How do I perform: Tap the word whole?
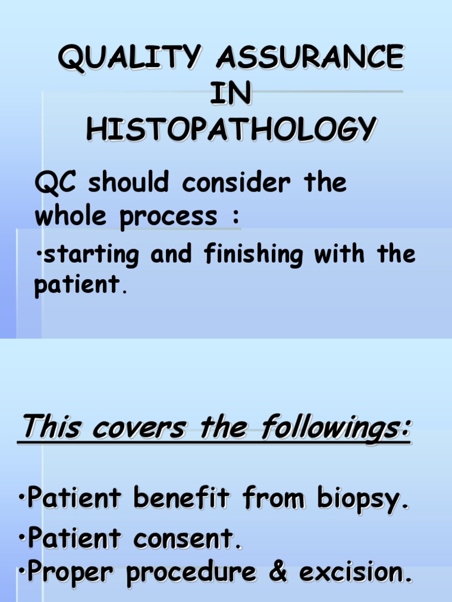point(69,216)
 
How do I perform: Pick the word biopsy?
point(360,501)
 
